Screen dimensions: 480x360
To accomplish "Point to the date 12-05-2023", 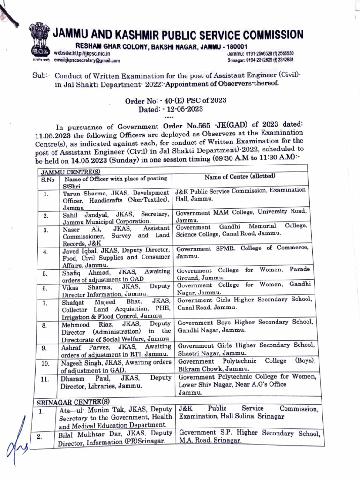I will coord(180,109).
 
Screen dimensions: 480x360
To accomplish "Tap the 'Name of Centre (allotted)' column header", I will coord(240,177).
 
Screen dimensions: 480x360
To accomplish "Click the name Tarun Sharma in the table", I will coord(81,193).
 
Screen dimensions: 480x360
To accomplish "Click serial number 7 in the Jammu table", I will coord(45,303).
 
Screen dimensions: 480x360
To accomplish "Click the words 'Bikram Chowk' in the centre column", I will coord(198,369).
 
